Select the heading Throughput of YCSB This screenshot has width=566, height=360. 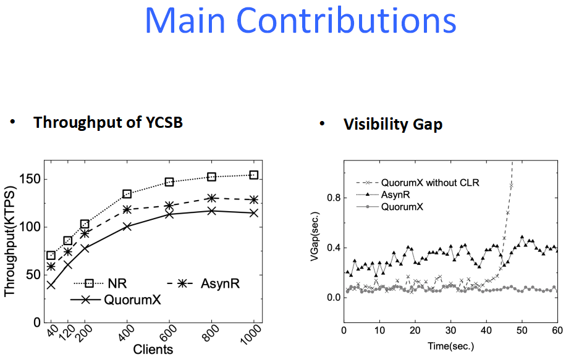pos(108,122)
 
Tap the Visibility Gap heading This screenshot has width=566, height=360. pos(393,124)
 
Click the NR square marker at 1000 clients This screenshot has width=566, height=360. pos(254,175)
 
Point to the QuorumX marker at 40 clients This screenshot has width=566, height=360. pos(51,285)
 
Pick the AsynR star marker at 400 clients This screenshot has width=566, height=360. pos(127,209)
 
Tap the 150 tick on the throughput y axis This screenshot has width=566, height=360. pos(31,179)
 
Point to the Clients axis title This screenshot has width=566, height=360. pos(153,350)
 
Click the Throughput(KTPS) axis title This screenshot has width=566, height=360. pos(10,241)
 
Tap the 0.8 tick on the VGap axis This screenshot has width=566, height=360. pos(334,198)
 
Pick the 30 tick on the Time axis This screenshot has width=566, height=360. pos(450,330)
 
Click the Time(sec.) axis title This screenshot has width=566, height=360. pos(451,346)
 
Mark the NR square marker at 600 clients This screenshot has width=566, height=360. pos(169,182)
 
